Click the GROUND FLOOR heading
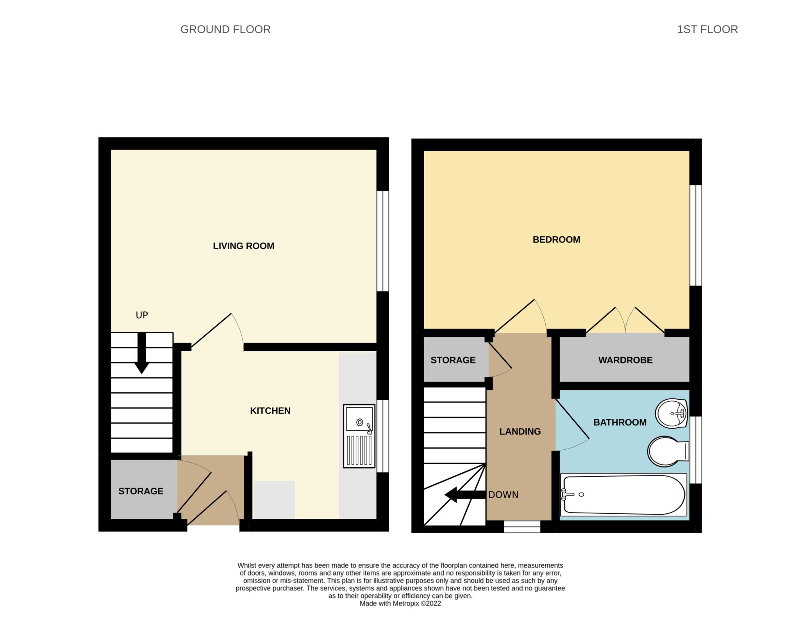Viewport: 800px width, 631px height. (225, 29)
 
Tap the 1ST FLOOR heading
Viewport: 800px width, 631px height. (707, 29)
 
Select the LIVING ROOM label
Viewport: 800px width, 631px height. (243, 246)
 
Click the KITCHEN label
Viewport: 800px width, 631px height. (270, 411)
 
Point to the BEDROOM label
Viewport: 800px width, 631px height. (556, 240)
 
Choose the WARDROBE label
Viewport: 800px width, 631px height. (625, 360)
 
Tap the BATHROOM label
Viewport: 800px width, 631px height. (620, 422)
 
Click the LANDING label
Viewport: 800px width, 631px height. (520, 431)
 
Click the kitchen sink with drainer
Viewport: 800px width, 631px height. (359, 436)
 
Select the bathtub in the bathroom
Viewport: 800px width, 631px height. (623, 495)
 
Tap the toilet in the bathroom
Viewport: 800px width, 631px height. (668, 451)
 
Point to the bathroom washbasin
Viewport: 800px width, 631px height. (671, 413)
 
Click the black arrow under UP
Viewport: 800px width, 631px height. (141, 353)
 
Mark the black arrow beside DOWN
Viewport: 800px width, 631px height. (465, 495)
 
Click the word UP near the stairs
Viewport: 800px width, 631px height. (142, 315)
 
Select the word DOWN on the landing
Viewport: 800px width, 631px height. (503, 495)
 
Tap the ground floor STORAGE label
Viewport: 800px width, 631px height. (141, 491)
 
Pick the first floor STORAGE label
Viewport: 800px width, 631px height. (453, 360)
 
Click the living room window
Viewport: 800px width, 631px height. (382, 241)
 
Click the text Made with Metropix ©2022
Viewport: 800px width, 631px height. (400, 603)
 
